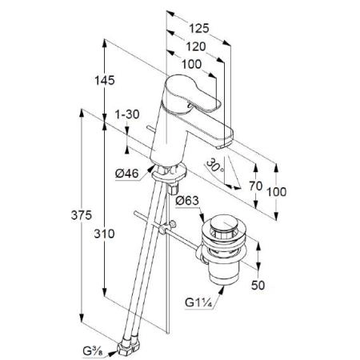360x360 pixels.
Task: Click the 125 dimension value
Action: click(x=199, y=28)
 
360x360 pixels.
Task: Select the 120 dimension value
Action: click(x=196, y=46)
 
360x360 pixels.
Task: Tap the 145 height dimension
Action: click(x=105, y=80)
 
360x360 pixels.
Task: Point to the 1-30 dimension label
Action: click(x=127, y=114)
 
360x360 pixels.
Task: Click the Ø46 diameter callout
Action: click(x=127, y=174)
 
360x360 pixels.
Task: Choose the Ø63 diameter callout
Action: click(x=187, y=200)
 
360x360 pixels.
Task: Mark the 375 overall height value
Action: click(x=82, y=215)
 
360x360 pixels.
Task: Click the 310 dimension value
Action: click(x=104, y=234)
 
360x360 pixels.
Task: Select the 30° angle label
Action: click(x=215, y=166)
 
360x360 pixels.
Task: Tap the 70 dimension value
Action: click(x=256, y=186)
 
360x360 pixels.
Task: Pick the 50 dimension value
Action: click(x=258, y=286)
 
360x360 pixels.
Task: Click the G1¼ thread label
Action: click(x=198, y=303)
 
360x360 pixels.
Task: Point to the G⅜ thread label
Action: click(x=92, y=351)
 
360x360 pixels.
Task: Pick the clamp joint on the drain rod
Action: click(x=166, y=227)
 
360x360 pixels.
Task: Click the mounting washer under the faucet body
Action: click(x=169, y=173)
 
